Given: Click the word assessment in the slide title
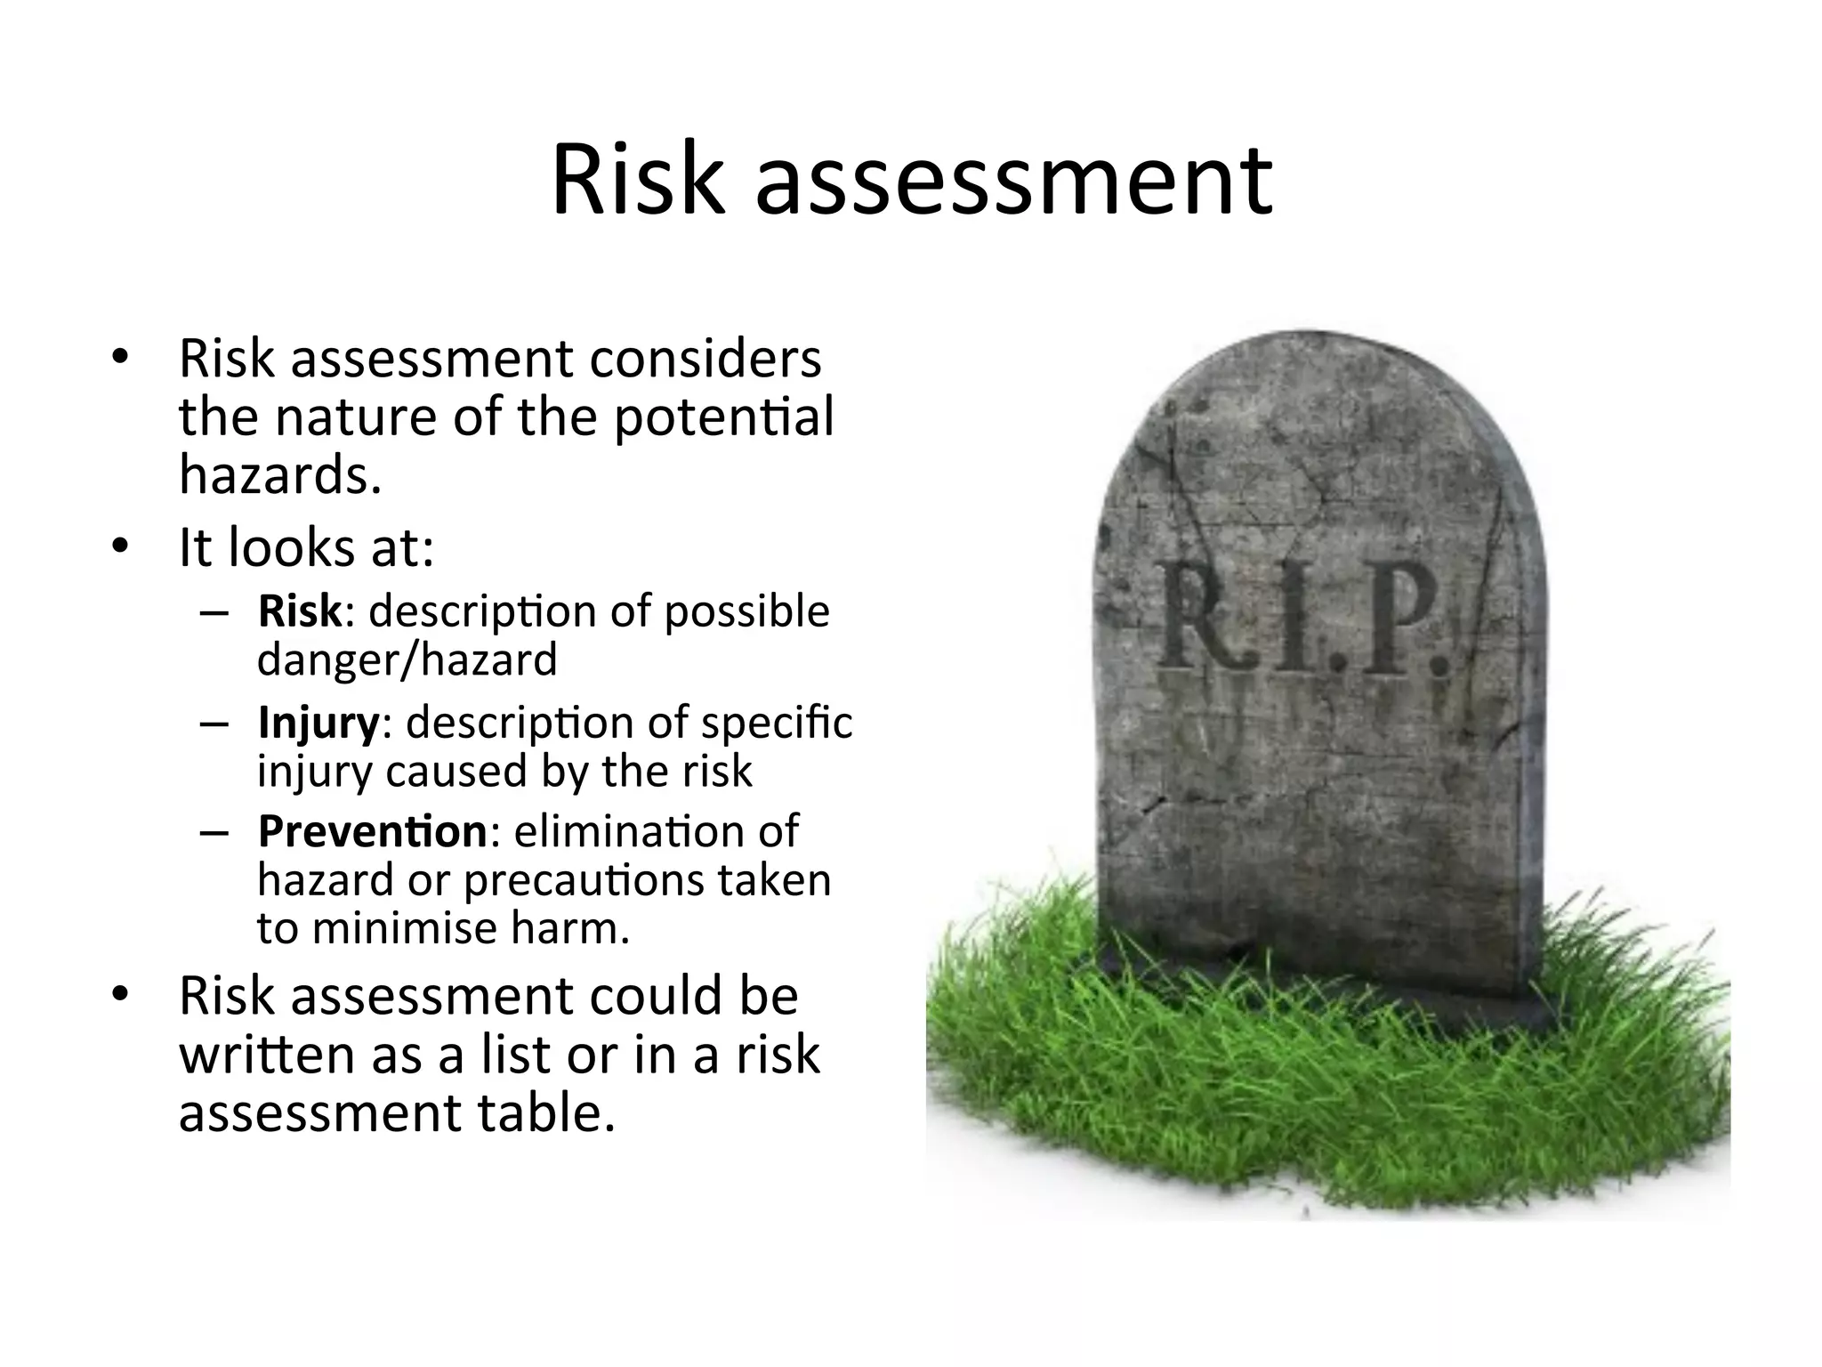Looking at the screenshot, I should pyautogui.click(x=1014, y=182).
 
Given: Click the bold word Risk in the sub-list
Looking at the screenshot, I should pyautogui.click(x=299, y=611).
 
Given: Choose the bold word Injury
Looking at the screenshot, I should pyautogui.click(x=318, y=723).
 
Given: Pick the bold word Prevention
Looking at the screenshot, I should pyautogui.click(x=372, y=831).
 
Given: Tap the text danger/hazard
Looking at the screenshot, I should pyautogui.click(x=407, y=659).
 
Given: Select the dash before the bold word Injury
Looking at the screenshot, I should pyautogui.click(x=215, y=724).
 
